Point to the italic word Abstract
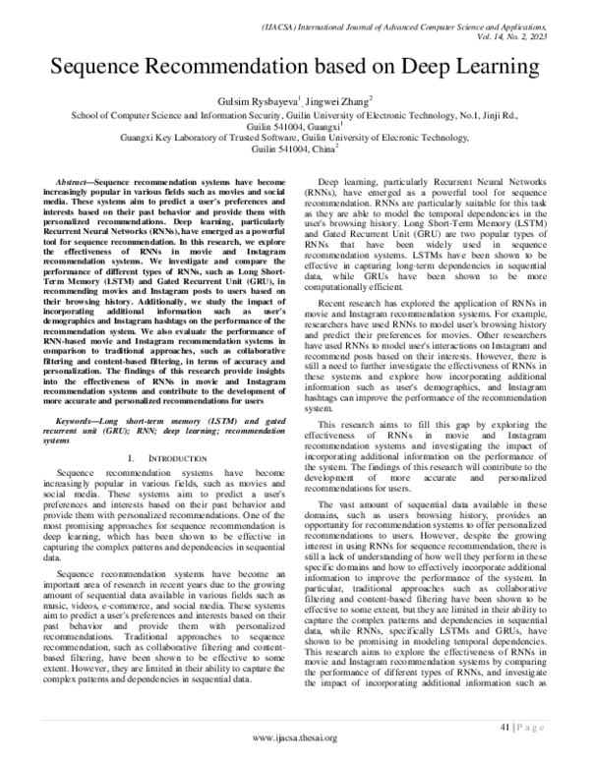click(69, 184)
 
